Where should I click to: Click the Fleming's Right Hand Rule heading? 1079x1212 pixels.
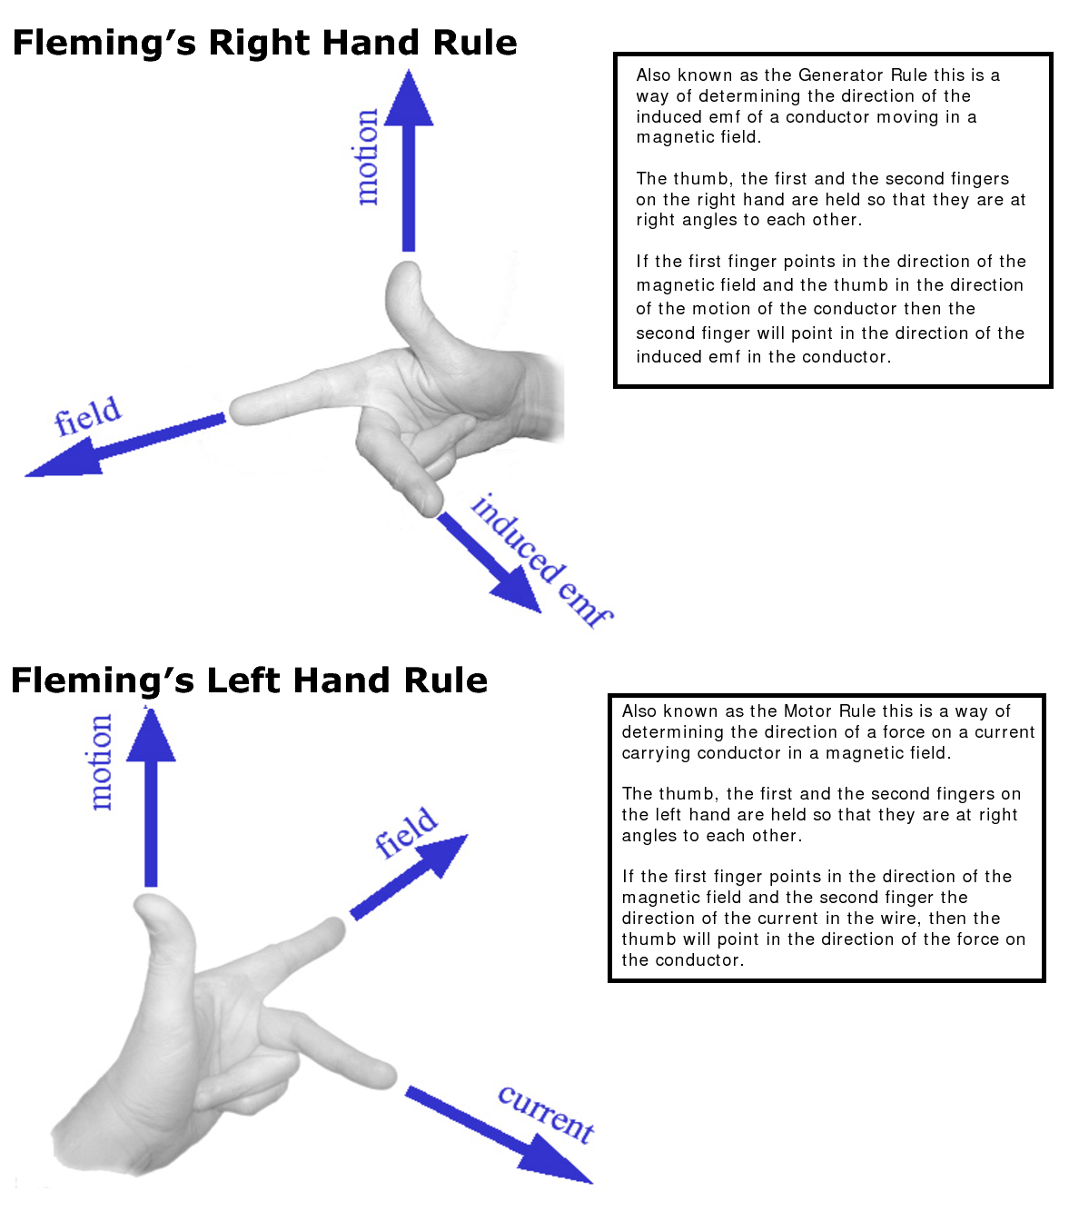[x=264, y=43]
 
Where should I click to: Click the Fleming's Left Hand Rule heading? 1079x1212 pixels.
[x=249, y=681]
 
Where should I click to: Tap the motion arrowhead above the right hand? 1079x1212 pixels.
[x=409, y=100]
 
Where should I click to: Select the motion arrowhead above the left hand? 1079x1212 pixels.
[x=151, y=736]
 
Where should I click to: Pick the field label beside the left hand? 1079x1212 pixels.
[x=406, y=832]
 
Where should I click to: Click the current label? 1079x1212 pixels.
[x=546, y=1114]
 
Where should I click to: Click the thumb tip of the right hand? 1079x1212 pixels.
[x=405, y=273]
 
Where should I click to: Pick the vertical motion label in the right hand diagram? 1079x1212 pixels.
[x=366, y=157]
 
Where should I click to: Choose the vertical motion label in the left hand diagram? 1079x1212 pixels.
[x=100, y=761]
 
